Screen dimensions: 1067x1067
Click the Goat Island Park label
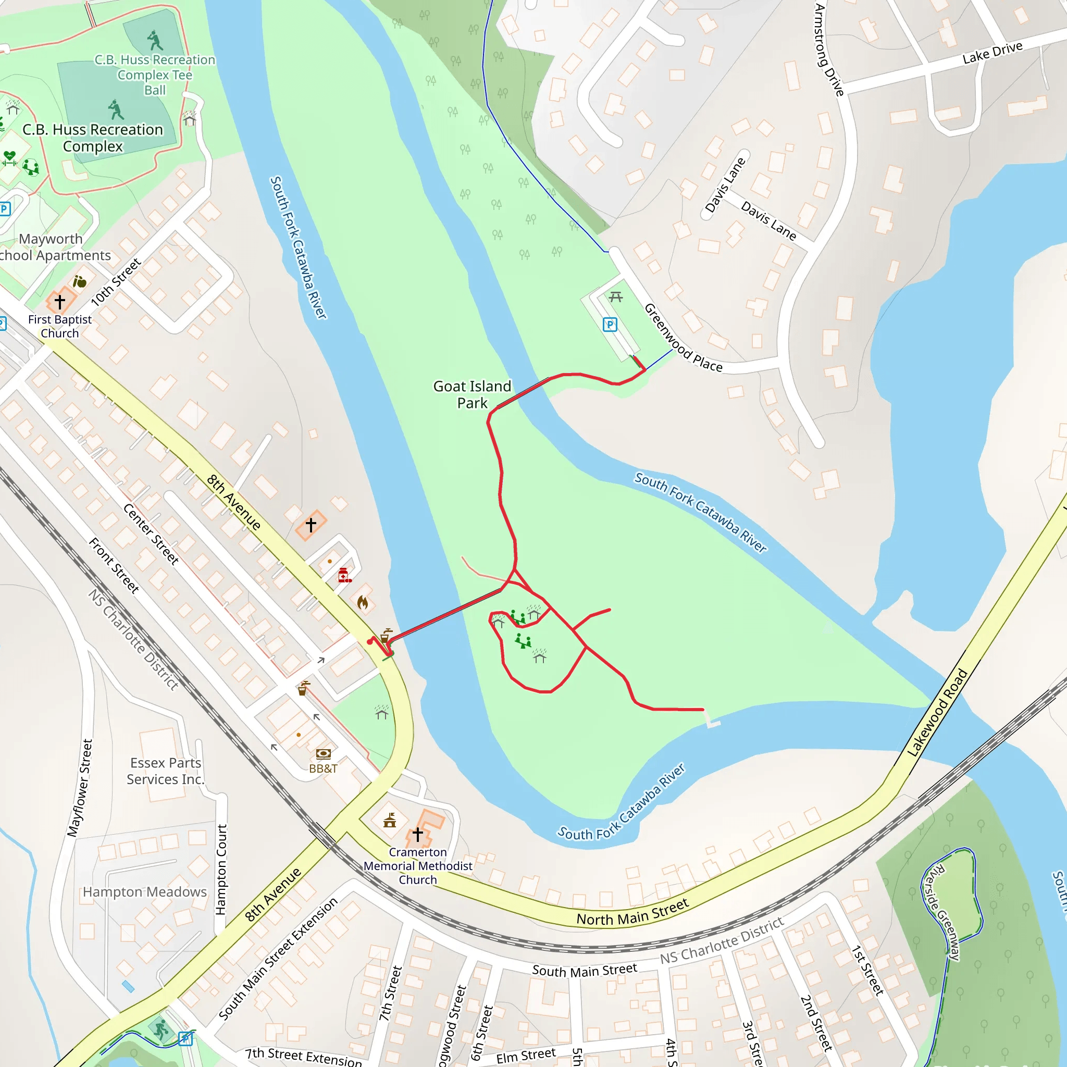(472, 394)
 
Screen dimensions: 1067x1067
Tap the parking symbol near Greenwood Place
(610, 324)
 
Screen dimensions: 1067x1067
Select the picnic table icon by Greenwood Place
(616, 297)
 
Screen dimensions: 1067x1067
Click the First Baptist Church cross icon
(59, 302)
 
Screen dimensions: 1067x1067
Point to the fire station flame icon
(362, 602)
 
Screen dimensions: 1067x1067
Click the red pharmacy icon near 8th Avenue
(344, 575)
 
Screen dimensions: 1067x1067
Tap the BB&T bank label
(323, 768)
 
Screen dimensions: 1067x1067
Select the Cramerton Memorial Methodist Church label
(417, 865)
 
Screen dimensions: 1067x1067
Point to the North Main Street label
(632, 912)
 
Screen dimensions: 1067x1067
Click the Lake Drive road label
(992, 53)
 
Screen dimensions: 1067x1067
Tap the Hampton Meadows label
(145, 892)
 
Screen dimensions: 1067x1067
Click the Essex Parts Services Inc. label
(165, 771)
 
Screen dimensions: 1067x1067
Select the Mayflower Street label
(80, 788)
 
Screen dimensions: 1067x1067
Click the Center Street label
(151, 534)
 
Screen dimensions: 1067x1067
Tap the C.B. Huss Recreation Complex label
(93, 138)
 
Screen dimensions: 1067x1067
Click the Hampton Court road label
(221, 870)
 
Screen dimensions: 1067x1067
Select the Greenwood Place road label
(683, 338)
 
